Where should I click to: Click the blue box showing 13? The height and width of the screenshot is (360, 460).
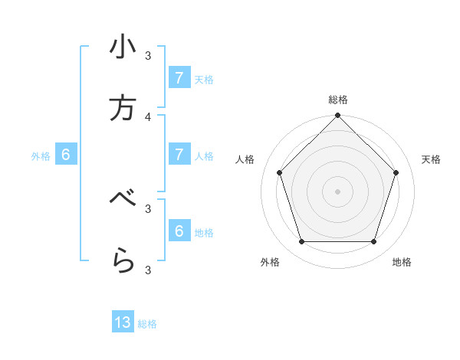pyautogui.click(x=123, y=322)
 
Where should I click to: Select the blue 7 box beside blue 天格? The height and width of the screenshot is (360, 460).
pyautogui.click(x=179, y=78)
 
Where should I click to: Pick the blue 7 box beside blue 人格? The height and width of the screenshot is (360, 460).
pyautogui.click(x=179, y=155)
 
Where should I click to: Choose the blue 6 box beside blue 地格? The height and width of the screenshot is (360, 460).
pyautogui.click(x=179, y=231)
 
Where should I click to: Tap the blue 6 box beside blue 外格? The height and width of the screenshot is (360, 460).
pyautogui.click(x=66, y=155)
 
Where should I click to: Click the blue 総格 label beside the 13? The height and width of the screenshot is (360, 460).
pyautogui.click(x=147, y=324)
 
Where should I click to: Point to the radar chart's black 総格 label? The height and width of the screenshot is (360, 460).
pyautogui.click(x=337, y=100)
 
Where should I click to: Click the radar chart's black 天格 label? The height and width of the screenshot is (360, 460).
pyautogui.click(x=431, y=159)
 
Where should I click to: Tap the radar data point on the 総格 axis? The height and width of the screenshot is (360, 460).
pyautogui.click(x=337, y=116)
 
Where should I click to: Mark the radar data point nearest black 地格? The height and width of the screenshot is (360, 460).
pyautogui.click(x=373, y=242)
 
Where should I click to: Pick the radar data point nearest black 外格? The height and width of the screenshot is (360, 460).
pyautogui.click(x=301, y=242)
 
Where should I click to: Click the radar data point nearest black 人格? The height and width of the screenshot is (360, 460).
pyautogui.click(x=279, y=172)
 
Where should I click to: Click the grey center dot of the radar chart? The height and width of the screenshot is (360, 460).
pyautogui.click(x=337, y=191)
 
